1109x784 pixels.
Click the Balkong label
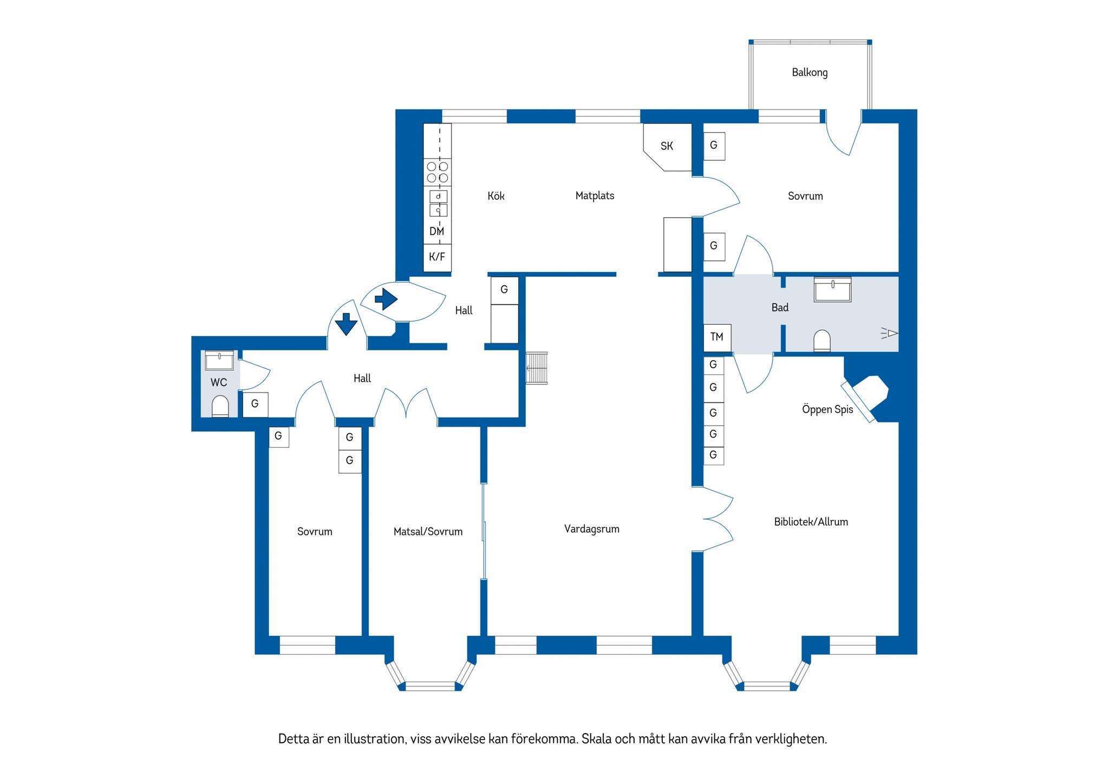810,73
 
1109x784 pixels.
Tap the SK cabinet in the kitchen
668,147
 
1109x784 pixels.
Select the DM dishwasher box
437,231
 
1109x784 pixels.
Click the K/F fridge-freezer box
437,257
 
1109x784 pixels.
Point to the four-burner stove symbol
438,172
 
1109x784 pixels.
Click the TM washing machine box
717,337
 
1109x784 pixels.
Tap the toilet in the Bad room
822,341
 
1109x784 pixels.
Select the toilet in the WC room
220,406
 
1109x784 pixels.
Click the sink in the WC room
219,360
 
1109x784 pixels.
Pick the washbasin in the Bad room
832,290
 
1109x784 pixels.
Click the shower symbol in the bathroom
889,333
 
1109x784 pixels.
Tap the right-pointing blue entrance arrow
386,299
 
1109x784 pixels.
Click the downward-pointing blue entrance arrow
346,324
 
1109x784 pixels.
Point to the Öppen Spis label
827,410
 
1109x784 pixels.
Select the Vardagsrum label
592,529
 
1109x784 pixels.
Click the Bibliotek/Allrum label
811,522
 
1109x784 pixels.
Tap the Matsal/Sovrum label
428,532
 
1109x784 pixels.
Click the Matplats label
595,196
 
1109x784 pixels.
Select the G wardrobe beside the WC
255,404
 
